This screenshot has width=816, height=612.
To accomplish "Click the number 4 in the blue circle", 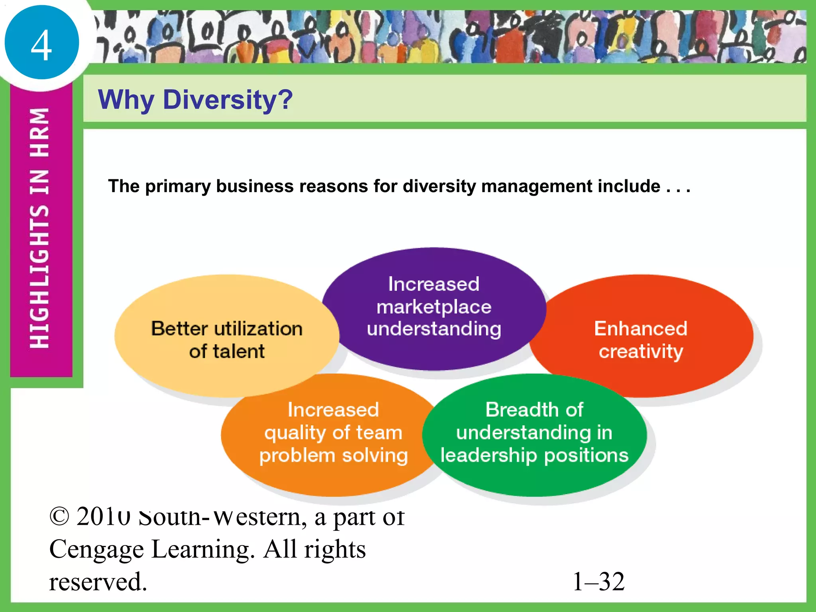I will [41, 45].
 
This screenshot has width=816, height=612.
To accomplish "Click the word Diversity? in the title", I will [228, 100].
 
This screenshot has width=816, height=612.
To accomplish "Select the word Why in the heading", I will [126, 100].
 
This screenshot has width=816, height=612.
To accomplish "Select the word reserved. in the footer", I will [98, 582].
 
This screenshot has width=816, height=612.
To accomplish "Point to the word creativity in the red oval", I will [641, 351].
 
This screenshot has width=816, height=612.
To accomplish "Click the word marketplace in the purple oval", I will [434, 307].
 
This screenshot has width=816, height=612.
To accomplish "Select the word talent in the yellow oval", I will [239, 351].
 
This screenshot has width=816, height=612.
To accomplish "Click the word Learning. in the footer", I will [203, 550].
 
